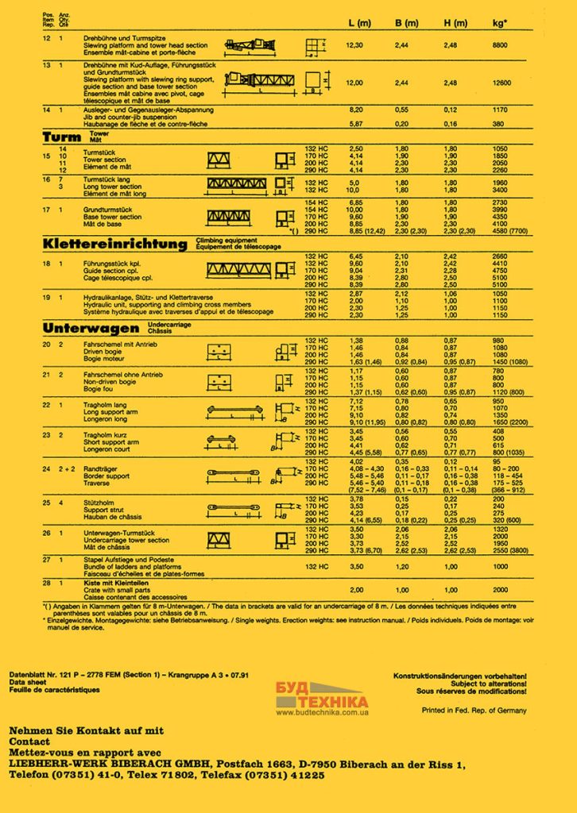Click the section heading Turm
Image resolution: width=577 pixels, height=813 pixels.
61,137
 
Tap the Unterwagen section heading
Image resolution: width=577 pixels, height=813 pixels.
92,328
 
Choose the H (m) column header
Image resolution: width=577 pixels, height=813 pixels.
455,25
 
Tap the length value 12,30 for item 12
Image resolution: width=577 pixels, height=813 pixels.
355,46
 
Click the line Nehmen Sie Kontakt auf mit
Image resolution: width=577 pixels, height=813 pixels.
87,729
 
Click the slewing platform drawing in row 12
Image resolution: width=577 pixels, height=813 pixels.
254,44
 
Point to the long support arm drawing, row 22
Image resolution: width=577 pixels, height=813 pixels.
234,410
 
